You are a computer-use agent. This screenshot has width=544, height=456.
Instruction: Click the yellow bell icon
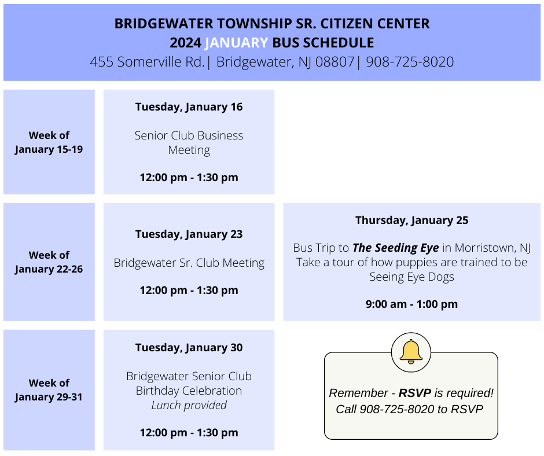pos(411,351)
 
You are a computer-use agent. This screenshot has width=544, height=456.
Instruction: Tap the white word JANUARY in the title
pos(236,43)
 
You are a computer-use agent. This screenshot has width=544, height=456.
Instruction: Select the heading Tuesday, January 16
pos(189,107)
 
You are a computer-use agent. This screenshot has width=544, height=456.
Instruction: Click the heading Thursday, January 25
pos(412,220)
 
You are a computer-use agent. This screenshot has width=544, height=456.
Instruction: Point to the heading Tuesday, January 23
pos(189,234)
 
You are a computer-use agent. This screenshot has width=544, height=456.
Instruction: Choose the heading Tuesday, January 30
pos(189,348)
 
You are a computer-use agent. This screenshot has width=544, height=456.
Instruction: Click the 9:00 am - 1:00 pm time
pos(412,304)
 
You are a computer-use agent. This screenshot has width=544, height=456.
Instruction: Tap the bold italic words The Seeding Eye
pos(395,248)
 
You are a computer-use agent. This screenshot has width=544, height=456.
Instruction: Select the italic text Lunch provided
pos(189,405)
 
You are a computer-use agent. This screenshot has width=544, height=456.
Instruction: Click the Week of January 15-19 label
pos(49,142)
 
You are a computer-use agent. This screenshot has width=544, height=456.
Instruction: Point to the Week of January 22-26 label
pos(49,262)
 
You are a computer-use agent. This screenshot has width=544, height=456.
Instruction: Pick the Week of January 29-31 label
pos(49,389)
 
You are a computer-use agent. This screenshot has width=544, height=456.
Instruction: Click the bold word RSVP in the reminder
pos(415,393)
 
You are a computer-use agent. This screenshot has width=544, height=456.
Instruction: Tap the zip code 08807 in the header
pos(335,62)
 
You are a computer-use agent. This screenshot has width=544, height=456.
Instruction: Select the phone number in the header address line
pos(410,62)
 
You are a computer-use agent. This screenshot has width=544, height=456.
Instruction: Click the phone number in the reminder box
pos(397,409)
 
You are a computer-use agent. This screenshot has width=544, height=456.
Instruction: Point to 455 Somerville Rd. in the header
pos(147,62)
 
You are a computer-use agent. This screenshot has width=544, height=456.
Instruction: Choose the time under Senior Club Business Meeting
pos(189,178)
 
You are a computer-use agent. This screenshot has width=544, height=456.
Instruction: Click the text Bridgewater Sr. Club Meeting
pos(189,263)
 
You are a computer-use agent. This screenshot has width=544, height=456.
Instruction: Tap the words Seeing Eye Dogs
pos(412,277)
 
